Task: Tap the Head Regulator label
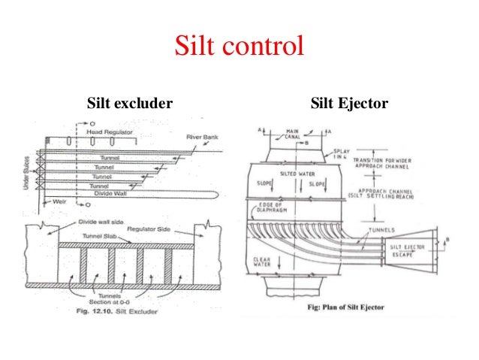pyautogui.click(x=110, y=132)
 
